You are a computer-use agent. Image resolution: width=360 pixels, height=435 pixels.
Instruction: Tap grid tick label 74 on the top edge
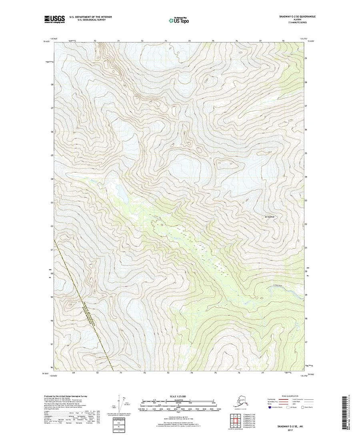[189, 41]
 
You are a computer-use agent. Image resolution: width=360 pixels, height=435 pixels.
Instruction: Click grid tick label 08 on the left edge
[52, 85]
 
